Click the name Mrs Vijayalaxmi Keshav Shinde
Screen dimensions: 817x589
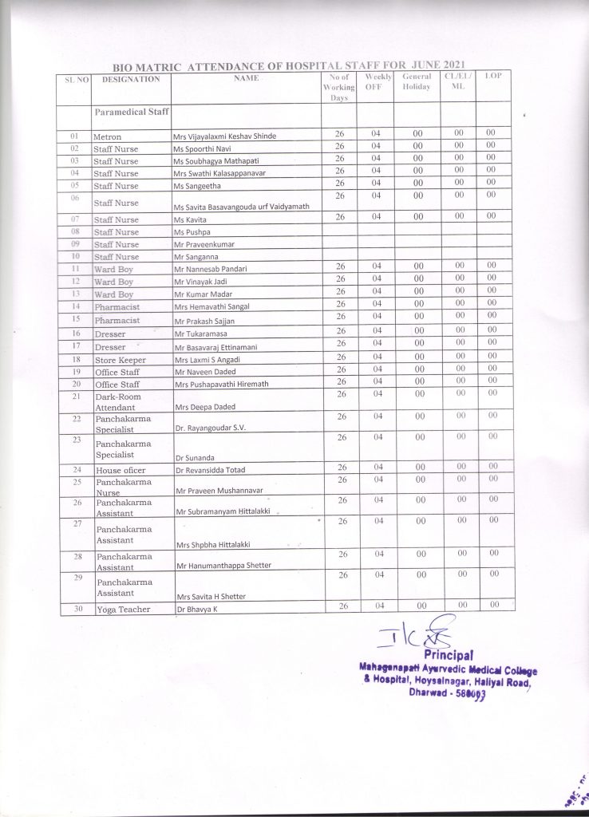click(224, 136)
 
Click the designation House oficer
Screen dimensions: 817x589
click(120, 471)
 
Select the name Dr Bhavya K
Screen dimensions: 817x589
click(197, 610)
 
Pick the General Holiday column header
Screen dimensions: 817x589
click(417, 81)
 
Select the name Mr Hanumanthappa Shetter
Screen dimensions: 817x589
click(223, 566)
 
